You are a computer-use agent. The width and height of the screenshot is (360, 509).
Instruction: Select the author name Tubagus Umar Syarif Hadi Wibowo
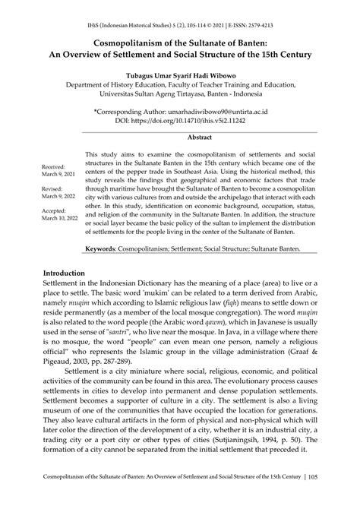(x=179, y=74)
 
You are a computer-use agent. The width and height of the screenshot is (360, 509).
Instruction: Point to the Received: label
(x=54, y=166)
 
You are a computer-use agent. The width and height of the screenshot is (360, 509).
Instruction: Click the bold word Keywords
(x=106, y=248)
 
